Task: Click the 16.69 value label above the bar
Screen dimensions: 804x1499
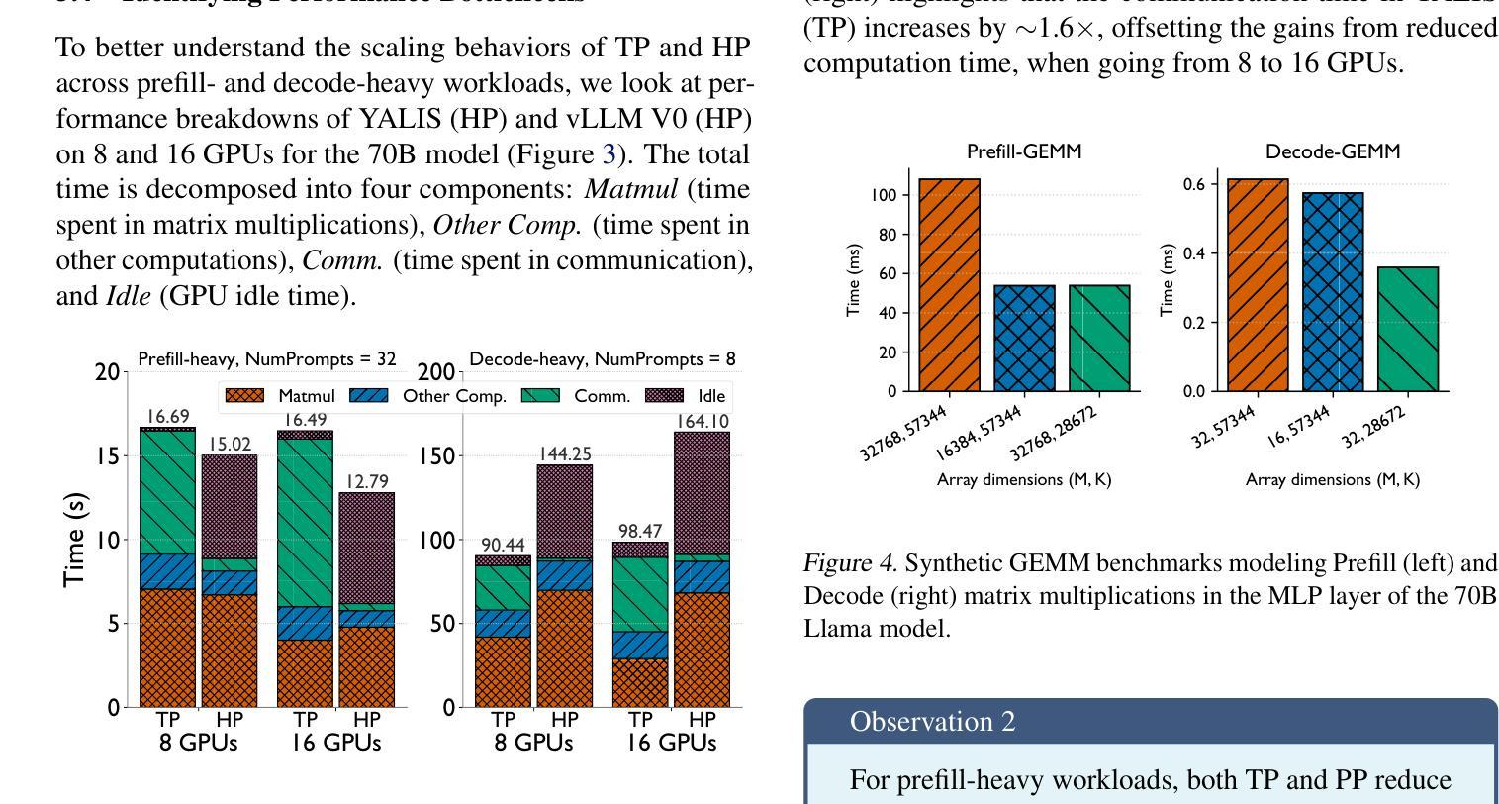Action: [x=167, y=417]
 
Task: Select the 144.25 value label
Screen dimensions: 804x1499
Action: [x=565, y=454]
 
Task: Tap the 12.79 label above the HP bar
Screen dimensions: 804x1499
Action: [x=368, y=482]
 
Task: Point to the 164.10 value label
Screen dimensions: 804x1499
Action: [x=703, y=422]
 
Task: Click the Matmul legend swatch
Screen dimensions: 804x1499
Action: [x=244, y=396]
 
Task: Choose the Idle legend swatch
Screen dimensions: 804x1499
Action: [x=664, y=396]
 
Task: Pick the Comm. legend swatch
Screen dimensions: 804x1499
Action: [x=540, y=396]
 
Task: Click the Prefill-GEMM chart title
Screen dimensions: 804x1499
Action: [x=1024, y=151]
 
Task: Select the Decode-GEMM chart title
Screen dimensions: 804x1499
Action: [x=1333, y=151]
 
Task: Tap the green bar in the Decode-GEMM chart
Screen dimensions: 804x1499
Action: [x=1408, y=329]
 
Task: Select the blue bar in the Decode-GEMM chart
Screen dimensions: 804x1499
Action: [x=1333, y=292]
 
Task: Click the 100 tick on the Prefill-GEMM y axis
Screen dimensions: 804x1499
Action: [x=885, y=196]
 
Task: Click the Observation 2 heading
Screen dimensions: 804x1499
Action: [x=932, y=722]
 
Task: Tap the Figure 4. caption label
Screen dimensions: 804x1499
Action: [x=850, y=563]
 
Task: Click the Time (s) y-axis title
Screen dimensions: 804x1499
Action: [x=74, y=540]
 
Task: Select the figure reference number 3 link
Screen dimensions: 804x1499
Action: [x=609, y=154]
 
